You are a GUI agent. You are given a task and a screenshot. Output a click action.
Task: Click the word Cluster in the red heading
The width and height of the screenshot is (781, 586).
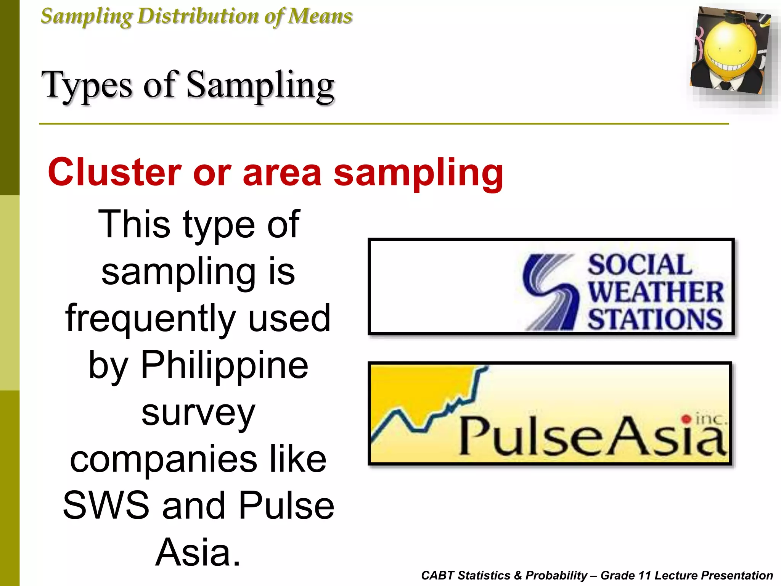point(114,172)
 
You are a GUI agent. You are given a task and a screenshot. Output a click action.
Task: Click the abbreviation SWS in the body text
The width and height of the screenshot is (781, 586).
point(106,505)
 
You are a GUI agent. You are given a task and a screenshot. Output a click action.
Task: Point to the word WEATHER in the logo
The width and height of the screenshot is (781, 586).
point(655,292)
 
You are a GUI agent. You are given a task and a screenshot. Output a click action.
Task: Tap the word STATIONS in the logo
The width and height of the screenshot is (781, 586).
point(654,319)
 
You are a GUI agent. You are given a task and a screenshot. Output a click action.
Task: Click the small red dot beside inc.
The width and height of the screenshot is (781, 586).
point(686,419)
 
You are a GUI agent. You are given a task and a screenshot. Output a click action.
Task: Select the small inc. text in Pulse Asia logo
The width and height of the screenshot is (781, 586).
point(711,419)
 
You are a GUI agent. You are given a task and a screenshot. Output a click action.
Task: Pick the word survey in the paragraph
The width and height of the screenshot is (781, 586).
point(198,413)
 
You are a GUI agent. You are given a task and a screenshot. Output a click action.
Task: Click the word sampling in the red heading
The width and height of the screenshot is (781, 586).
point(418,172)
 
